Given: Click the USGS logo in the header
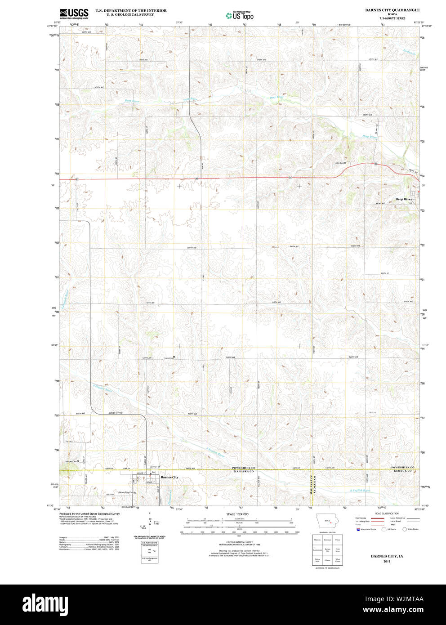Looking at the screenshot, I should [x=74, y=13].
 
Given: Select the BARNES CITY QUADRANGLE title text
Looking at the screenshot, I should [x=392, y=10].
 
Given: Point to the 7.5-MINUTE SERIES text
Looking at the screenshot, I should [x=392, y=18].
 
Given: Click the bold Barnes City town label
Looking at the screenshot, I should [x=169, y=477].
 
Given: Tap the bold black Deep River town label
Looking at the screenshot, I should [x=403, y=199].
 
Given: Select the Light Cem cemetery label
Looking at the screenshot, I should [x=340, y=163].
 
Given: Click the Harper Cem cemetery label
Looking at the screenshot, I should [x=72, y=461].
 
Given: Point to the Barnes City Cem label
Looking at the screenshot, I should [x=126, y=493].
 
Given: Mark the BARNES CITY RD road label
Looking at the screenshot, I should [x=116, y=413].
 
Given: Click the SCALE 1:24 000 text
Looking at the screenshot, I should [x=237, y=514].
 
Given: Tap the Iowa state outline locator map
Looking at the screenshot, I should [x=328, y=522].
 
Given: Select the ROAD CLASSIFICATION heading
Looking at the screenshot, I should [x=387, y=513].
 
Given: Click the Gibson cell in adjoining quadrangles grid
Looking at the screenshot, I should [x=327, y=560].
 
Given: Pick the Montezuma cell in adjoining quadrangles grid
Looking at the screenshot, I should [x=317, y=550].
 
